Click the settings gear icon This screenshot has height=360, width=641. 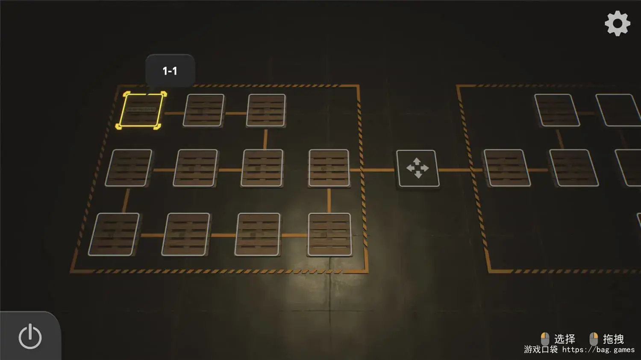617,23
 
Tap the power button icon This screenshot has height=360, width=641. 30,337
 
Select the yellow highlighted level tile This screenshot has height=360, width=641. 141,110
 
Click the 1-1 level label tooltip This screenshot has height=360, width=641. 170,70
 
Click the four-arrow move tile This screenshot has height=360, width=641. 418,168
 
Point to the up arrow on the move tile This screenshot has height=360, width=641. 417,161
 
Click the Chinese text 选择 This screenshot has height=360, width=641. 565,339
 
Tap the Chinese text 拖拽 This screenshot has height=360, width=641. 613,339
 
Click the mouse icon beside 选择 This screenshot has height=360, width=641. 545,339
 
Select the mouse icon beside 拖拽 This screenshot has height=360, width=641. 594,339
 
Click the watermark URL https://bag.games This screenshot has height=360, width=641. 598,350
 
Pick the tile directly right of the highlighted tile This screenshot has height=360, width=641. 204,110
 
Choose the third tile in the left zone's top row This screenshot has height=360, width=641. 266,110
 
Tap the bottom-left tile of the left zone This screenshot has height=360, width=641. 114,234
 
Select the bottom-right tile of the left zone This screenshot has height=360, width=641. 329,234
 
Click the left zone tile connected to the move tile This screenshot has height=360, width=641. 329,168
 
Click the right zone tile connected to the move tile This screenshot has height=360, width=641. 507,168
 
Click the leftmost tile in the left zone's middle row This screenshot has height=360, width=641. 129,168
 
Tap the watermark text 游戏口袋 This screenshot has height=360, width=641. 541,349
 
